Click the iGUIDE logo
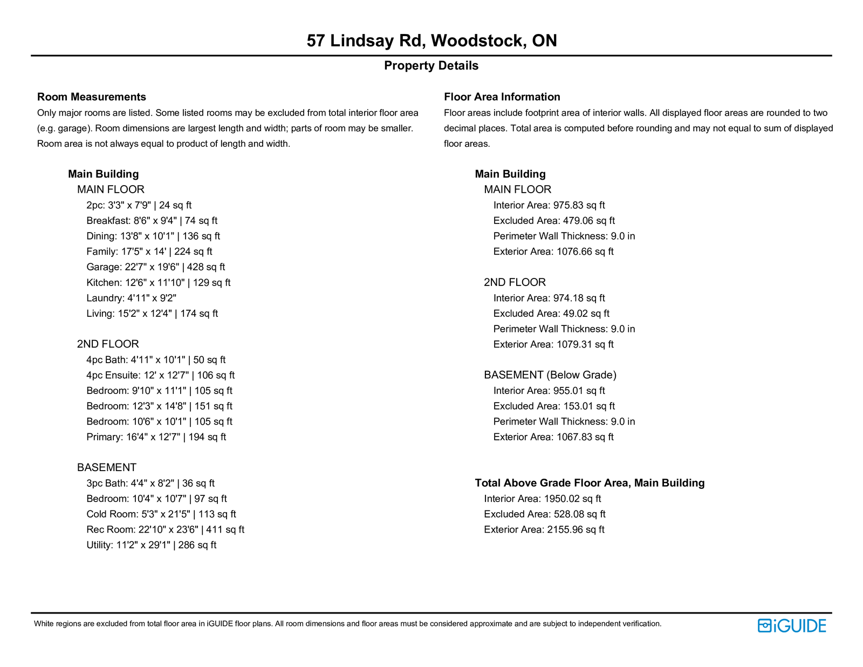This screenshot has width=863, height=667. click(x=792, y=625)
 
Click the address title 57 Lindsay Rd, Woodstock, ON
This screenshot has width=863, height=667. click(x=432, y=40)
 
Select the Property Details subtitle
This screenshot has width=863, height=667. click(x=431, y=66)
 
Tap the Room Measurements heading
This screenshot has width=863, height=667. click(x=92, y=97)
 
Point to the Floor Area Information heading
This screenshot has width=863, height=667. click(x=502, y=97)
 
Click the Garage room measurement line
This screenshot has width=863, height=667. click(x=155, y=267)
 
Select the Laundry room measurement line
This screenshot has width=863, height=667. click(x=131, y=298)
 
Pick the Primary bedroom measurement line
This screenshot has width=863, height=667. click(x=156, y=437)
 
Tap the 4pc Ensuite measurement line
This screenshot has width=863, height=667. click(x=160, y=375)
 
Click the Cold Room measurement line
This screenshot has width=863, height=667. click(x=161, y=514)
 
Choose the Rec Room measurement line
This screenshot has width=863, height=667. click(x=165, y=530)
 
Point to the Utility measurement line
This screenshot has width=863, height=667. click(x=151, y=545)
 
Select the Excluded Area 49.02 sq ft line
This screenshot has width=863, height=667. click(x=551, y=314)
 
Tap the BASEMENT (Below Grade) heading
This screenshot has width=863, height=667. click(x=550, y=375)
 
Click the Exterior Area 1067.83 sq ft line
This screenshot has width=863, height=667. click(x=553, y=437)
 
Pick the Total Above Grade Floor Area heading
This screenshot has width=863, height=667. click(x=590, y=483)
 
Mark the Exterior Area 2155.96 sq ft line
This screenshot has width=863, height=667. click(x=544, y=530)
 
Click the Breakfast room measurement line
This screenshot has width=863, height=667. click(x=152, y=221)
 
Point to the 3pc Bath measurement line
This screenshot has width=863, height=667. click(x=150, y=484)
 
